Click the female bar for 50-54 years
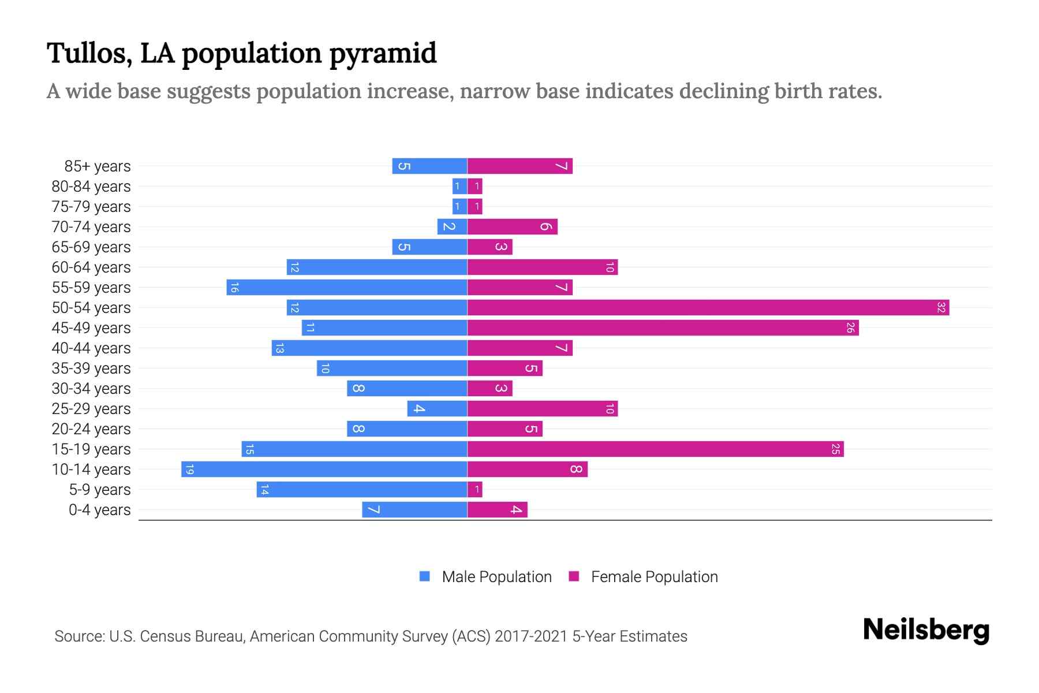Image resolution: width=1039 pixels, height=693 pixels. tap(708, 307)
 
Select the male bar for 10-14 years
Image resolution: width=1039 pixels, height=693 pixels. tap(324, 469)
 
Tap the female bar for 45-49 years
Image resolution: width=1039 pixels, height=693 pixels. tap(663, 327)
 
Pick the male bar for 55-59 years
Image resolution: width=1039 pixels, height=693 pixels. tap(346, 287)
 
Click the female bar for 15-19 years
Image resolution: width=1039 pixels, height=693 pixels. tap(655, 449)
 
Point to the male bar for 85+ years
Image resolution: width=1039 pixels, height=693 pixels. tap(429, 166)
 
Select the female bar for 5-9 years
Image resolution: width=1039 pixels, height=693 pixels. tap(474, 490)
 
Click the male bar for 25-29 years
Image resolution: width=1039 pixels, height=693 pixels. tap(437, 408)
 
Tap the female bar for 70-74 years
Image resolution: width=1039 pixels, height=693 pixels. tap(512, 226)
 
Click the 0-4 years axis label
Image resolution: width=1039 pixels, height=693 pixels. tap(99, 510)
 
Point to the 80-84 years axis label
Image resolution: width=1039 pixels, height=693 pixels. tap(91, 187)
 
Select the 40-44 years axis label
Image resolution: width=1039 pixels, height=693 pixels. tap(91, 348)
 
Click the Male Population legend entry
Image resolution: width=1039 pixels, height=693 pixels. tap(496, 576)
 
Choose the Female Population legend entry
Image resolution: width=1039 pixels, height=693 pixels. tap(654, 576)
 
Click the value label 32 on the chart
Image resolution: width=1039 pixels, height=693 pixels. tap(941, 307)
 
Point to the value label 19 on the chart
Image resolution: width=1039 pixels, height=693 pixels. tap(189, 470)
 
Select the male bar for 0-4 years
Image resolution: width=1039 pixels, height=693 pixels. tap(414, 509)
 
